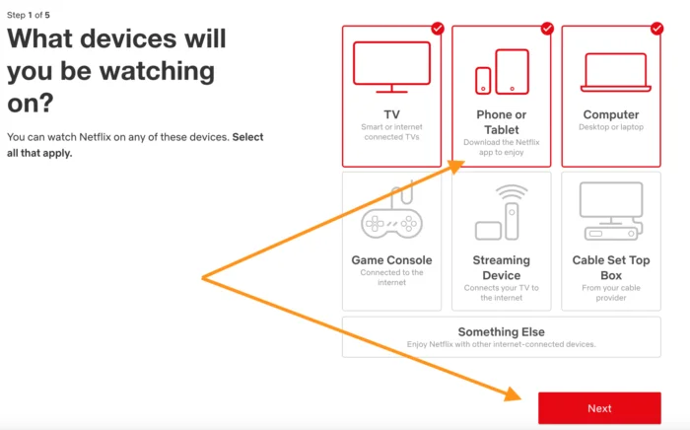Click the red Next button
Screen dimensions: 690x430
tap(599, 408)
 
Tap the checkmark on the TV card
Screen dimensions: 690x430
tap(438, 29)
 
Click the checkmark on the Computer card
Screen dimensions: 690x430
tap(656, 29)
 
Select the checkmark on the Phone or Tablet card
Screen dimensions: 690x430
tap(547, 29)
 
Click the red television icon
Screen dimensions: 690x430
tap(391, 67)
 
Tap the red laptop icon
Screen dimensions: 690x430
tap(616, 72)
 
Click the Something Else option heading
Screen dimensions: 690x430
tap(501, 331)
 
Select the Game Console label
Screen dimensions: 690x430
tap(391, 260)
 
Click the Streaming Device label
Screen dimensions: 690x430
tap(501, 267)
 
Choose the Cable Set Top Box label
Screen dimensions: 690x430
tap(611, 267)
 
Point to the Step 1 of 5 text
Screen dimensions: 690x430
tap(29, 15)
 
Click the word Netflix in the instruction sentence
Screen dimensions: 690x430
tap(95, 137)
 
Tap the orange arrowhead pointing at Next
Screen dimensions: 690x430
tap(513, 394)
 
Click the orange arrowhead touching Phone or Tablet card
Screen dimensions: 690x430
tap(455, 167)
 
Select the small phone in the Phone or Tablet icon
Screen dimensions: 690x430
tap(483, 81)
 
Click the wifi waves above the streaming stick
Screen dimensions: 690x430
tap(512, 192)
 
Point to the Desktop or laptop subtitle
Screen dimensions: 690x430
tap(611, 127)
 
